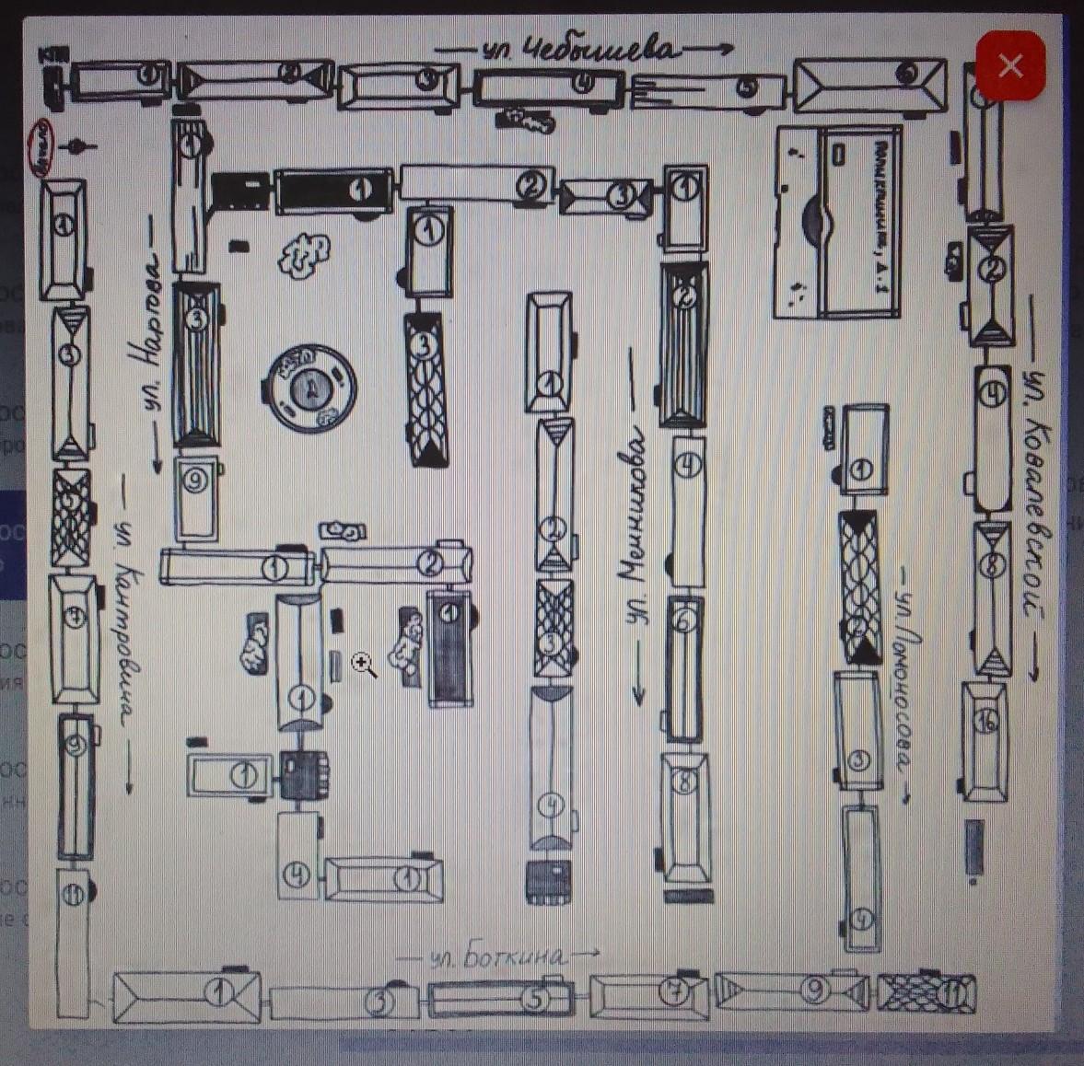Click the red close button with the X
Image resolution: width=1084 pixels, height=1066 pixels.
tap(1010, 65)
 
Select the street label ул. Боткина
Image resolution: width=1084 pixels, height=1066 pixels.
tap(497, 956)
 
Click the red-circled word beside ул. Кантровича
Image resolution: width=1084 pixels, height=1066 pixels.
tap(42, 147)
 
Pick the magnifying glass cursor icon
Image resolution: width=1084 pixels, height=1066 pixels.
tap(364, 665)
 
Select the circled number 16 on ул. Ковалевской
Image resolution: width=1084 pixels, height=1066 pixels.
tap(985, 723)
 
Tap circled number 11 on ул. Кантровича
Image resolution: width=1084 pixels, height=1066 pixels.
tap(73, 892)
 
